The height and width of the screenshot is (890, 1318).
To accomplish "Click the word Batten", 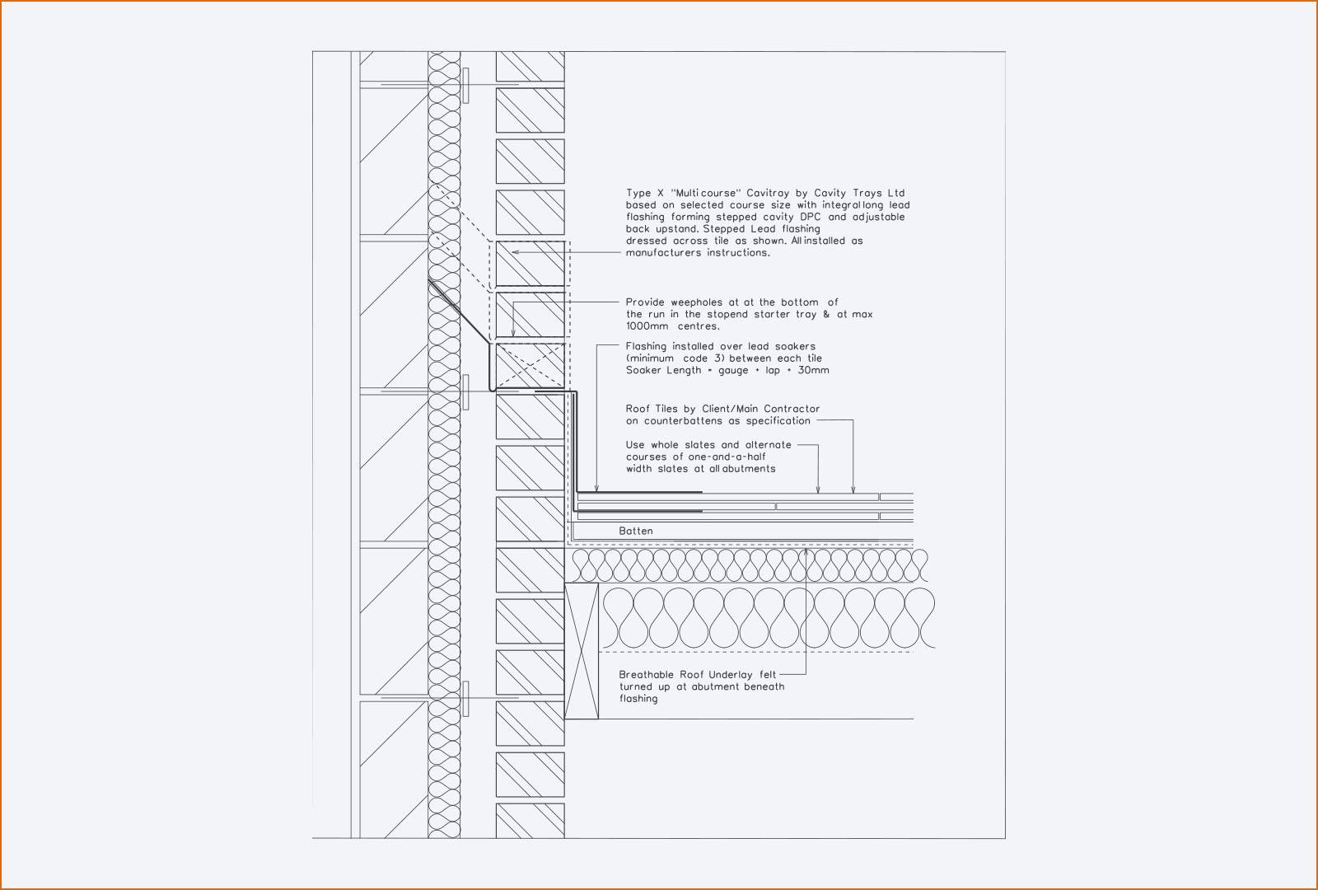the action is point(635,531).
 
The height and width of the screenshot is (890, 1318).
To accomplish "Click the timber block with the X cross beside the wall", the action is point(582,651).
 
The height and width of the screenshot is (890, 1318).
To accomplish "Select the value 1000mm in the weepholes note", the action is point(647,326).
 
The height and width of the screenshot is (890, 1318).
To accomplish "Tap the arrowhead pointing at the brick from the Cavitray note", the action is point(515,252).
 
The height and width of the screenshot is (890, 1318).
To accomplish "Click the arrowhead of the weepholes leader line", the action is point(513,333).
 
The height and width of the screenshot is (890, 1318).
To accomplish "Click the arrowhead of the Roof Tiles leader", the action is point(853,489).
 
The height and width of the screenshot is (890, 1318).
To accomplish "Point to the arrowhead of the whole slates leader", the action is point(818,489).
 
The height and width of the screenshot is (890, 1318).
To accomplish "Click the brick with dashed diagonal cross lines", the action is point(530,366).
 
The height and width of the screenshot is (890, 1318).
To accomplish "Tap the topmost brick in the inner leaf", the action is point(530,67).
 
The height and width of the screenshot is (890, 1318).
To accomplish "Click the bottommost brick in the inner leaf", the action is point(530,821).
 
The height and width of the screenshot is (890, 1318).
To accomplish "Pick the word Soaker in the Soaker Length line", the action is point(643,370).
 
